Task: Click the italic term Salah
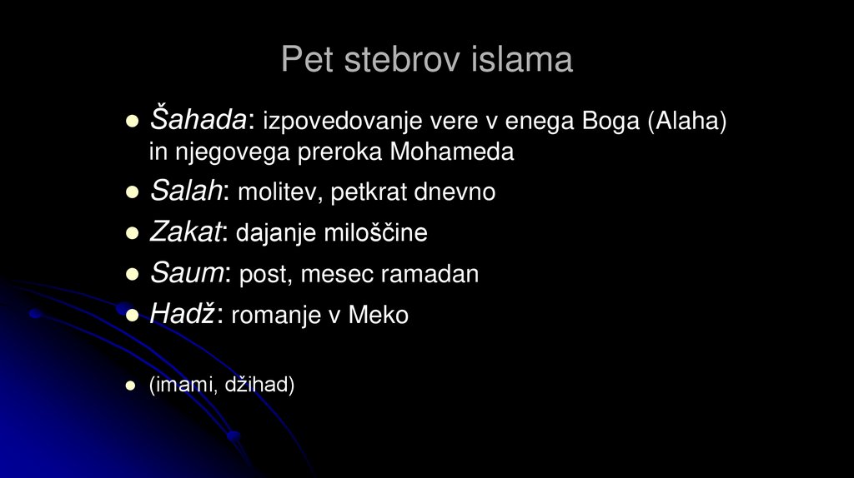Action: pyautogui.click(x=185, y=192)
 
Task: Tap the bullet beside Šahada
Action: pyautogui.click(x=131, y=122)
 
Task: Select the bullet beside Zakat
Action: pyautogui.click(x=131, y=234)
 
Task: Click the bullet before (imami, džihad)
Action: pyautogui.click(x=131, y=386)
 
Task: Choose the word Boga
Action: pyautogui.click(x=615, y=122)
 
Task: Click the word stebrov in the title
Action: pyautogui.click(x=404, y=60)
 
